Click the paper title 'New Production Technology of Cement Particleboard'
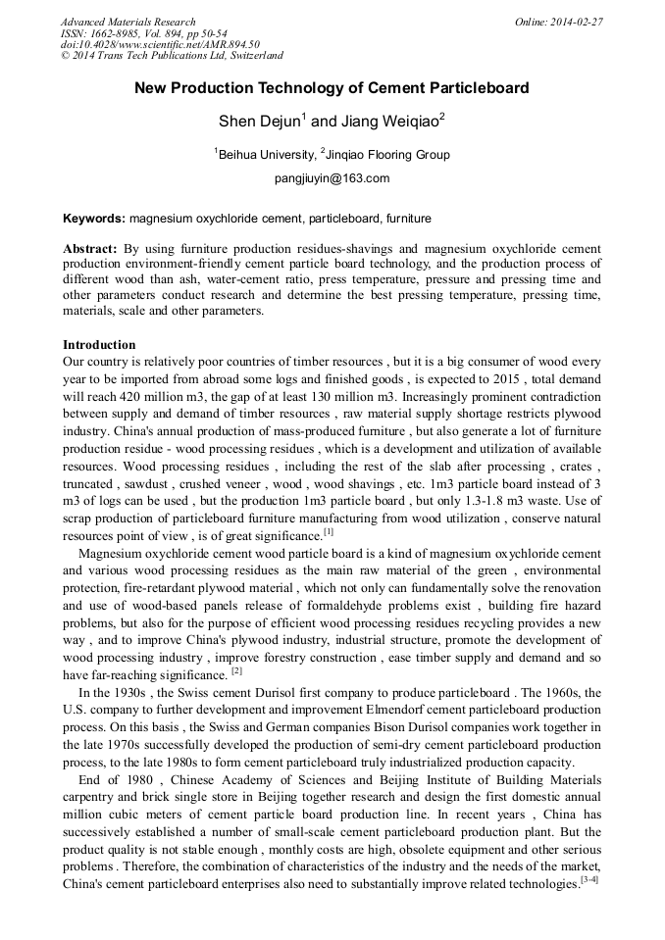point(332,88)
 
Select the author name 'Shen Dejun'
point(259,122)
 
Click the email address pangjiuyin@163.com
point(332,178)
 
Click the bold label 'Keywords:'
point(94,218)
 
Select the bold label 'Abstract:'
point(90,249)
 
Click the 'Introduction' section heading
point(99,345)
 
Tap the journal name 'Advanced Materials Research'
point(128,22)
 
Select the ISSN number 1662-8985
point(128,33)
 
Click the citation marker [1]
point(329,532)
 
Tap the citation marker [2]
point(236,671)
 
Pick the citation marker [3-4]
point(589,879)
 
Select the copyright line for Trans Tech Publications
point(172,57)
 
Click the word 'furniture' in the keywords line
point(408,218)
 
